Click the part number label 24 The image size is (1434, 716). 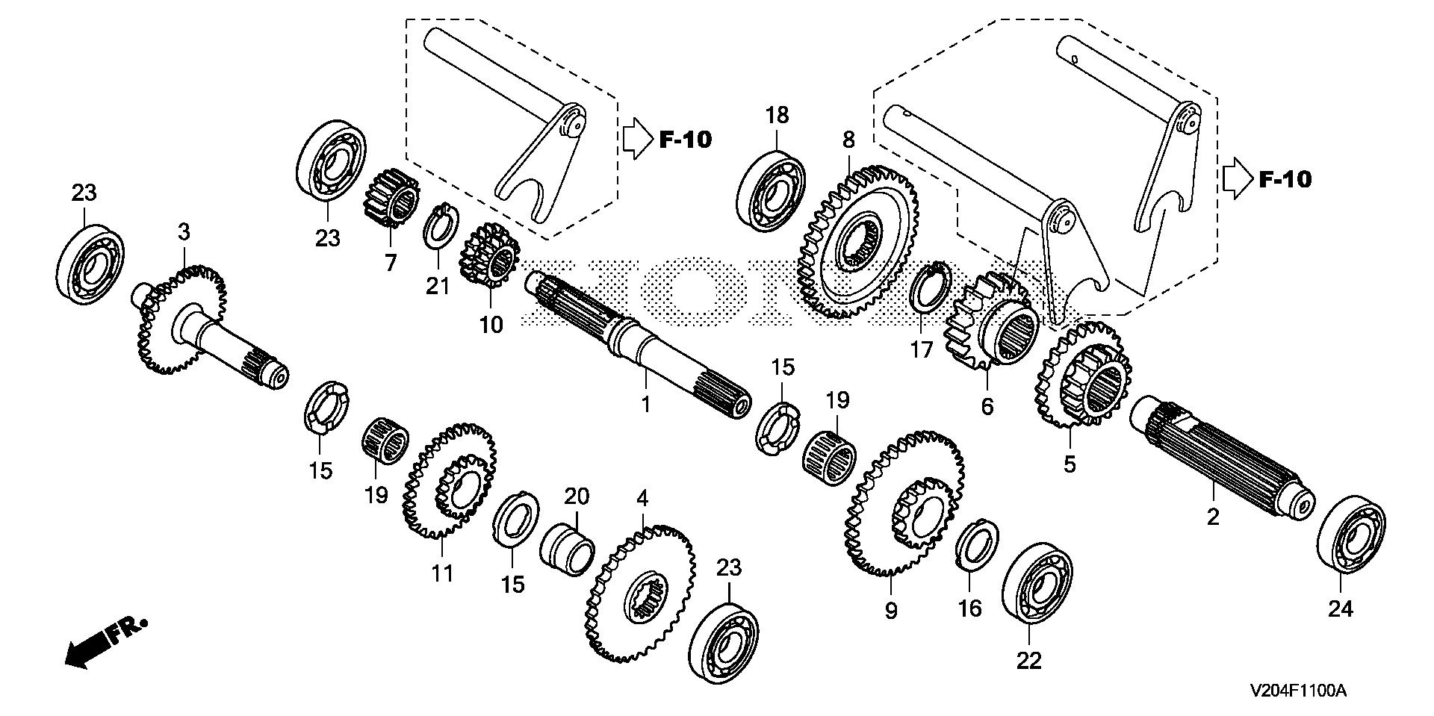1340,610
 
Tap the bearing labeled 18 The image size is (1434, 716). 772,190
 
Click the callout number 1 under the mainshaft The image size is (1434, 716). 646,404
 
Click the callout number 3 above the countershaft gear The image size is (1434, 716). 184,231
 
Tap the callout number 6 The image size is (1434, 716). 987,407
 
